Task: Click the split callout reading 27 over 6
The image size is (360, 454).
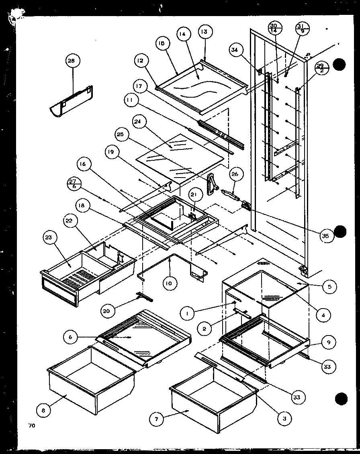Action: click(x=74, y=184)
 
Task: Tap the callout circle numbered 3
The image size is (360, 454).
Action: click(x=284, y=417)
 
